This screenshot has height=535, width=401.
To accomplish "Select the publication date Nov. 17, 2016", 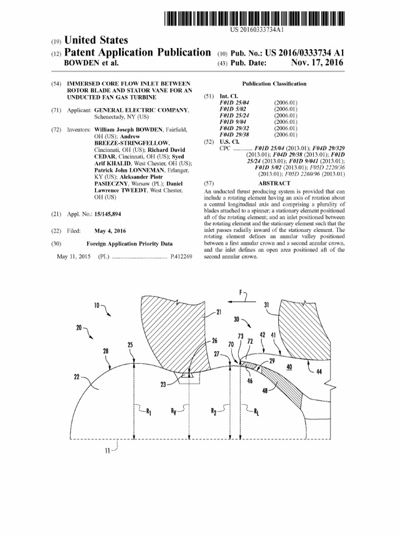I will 317,63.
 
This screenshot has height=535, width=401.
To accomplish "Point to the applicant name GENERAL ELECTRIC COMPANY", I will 141,110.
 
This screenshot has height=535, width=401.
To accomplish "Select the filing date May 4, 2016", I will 110,230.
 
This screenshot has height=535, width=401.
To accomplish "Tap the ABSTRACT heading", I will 274,183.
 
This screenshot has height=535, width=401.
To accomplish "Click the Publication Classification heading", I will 274,84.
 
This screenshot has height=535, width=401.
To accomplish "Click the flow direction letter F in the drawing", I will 241,293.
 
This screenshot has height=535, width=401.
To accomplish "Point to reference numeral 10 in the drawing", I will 97,305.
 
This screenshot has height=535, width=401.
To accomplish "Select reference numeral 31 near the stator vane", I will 266,305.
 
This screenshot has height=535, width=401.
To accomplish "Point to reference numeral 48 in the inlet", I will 266,390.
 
